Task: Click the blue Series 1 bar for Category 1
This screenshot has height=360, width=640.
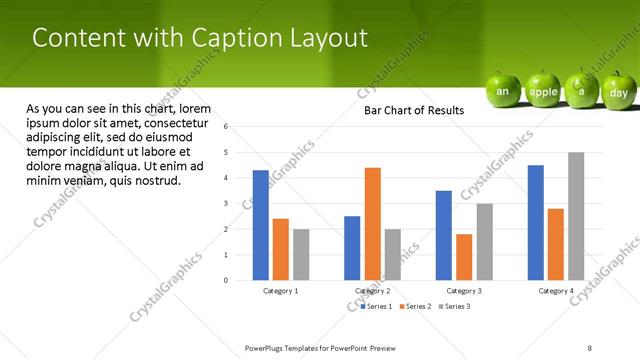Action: pyautogui.click(x=261, y=225)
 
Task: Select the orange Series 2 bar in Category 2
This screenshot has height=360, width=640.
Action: pyautogui.click(x=372, y=224)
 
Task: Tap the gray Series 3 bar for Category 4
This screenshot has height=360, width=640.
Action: pyautogui.click(x=576, y=216)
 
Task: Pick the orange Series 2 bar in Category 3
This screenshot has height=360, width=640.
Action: pyautogui.click(x=464, y=257)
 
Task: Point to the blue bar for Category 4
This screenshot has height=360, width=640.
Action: pyautogui.click(x=536, y=222)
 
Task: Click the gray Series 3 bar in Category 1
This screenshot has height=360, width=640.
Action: pyautogui.click(x=301, y=254)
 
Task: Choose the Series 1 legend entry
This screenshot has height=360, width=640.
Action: pyautogui.click(x=378, y=306)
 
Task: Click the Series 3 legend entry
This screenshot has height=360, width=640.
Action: pyautogui.click(x=455, y=306)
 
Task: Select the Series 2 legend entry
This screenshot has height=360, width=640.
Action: pyautogui.click(x=416, y=306)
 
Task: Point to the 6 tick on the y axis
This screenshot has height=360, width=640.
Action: pyautogui.click(x=227, y=127)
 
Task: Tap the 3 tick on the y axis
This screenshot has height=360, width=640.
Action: pyautogui.click(x=227, y=204)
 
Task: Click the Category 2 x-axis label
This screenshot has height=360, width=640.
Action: pyautogui.click(x=372, y=291)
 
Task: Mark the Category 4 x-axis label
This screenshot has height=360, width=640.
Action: pyautogui.click(x=557, y=291)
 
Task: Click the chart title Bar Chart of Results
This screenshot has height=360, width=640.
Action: pyautogui.click(x=413, y=110)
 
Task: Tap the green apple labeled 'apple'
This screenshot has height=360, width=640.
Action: pyautogui.click(x=543, y=91)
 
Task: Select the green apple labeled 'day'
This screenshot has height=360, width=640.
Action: pyautogui.click(x=619, y=91)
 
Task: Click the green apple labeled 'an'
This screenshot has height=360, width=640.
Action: pyautogui.click(x=504, y=90)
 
